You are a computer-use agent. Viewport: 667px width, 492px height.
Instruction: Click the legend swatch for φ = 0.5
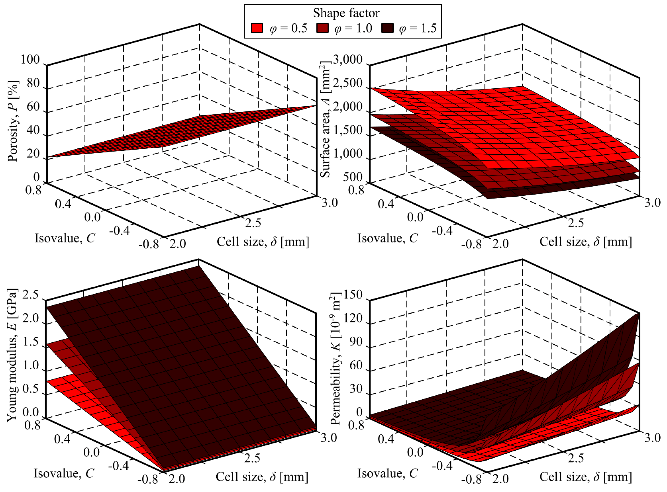[x=257, y=28]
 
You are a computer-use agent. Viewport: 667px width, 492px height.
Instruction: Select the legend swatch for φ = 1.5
[x=387, y=28]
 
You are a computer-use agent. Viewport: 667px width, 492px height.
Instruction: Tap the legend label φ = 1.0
[x=353, y=28]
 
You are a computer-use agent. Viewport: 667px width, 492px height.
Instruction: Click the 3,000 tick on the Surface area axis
[x=348, y=60]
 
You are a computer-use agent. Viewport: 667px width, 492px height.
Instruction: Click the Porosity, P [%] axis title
[x=13, y=121]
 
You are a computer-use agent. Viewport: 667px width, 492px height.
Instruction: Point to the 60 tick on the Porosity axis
[x=33, y=107]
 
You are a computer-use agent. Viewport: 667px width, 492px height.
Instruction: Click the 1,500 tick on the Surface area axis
[x=348, y=130]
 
